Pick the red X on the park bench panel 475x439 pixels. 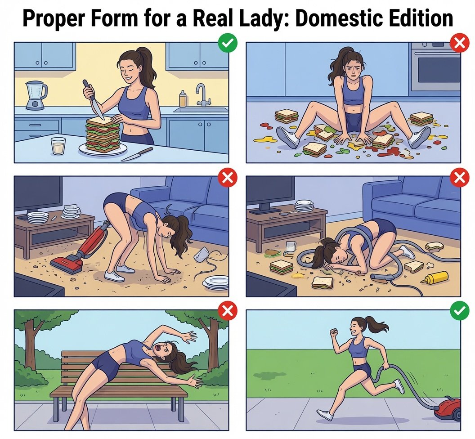228,310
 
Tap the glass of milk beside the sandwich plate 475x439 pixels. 58,146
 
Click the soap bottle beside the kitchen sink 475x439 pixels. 182,99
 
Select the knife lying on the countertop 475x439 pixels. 137,154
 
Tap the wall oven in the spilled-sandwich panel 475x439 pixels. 435,67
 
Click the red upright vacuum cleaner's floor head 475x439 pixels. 67,265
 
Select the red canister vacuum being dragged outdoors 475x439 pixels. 447,408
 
